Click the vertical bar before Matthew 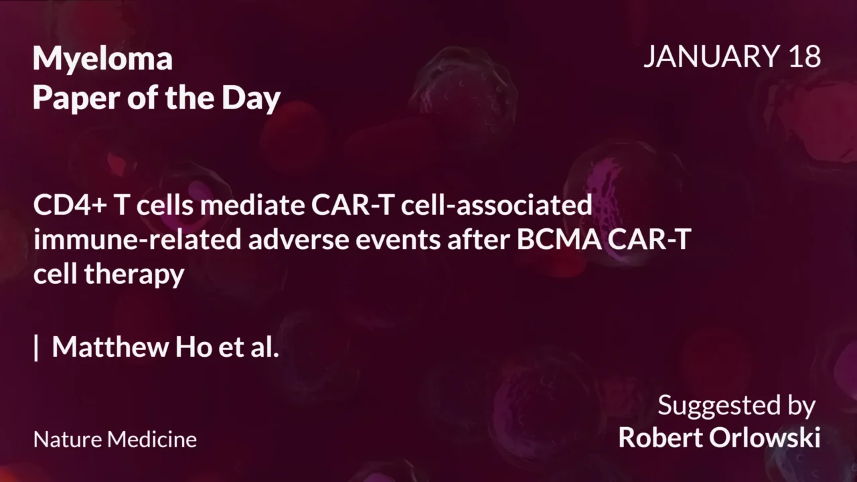(x=36, y=347)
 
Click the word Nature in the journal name (x=68, y=440)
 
